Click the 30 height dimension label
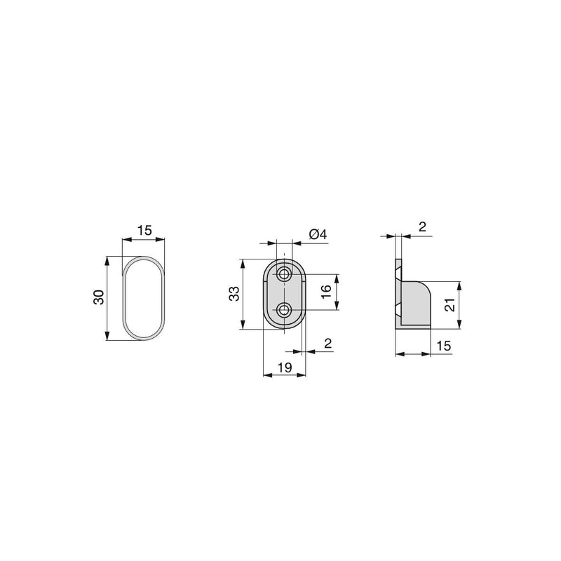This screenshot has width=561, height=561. (x=99, y=297)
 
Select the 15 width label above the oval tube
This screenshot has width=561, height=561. (x=144, y=230)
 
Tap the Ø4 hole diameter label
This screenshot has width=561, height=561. (x=318, y=234)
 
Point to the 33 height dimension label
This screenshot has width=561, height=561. (x=234, y=294)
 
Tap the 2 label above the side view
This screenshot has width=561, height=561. (x=421, y=227)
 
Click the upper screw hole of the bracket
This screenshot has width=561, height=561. (x=285, y=273)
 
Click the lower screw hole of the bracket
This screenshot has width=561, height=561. (x=285, y=309)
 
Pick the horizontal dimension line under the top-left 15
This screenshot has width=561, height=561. (x=144, y=240)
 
